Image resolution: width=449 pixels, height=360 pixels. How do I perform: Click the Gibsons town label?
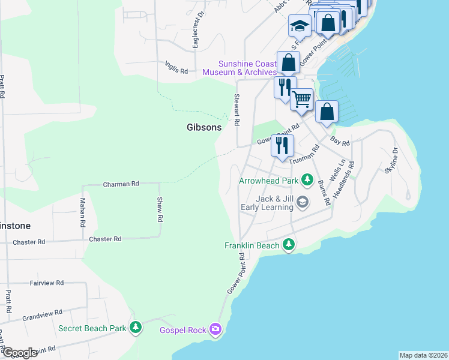pos(203,127)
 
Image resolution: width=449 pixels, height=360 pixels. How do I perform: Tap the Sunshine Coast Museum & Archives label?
pos(240,68)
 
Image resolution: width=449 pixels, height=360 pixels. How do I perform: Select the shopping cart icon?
pos(302,99)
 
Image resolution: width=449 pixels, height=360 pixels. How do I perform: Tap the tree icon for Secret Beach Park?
pos(137,328)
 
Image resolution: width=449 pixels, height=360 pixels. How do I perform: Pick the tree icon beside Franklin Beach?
pos(289,245)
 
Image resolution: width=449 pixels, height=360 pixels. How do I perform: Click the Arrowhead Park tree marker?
pos(308,179)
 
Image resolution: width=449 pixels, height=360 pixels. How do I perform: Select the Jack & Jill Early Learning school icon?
pos(303,202)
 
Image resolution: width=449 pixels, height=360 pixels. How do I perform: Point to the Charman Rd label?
pos(121,184)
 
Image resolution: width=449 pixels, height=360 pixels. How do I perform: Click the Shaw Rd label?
pos(160,210)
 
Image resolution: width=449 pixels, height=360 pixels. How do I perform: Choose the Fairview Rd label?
pos(46,282)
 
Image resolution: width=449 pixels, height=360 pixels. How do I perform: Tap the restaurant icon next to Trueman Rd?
pos(282,145)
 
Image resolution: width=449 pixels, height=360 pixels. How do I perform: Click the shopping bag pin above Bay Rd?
pos(327,111)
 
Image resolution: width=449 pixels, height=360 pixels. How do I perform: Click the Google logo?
pos(19,353)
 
